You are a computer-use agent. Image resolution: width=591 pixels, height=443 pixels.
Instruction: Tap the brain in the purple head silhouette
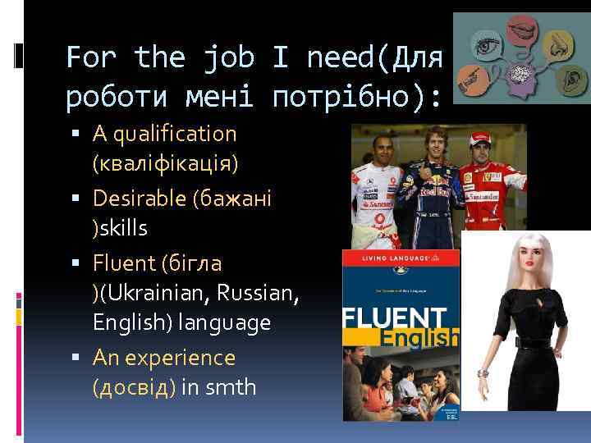click(520, 76)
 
